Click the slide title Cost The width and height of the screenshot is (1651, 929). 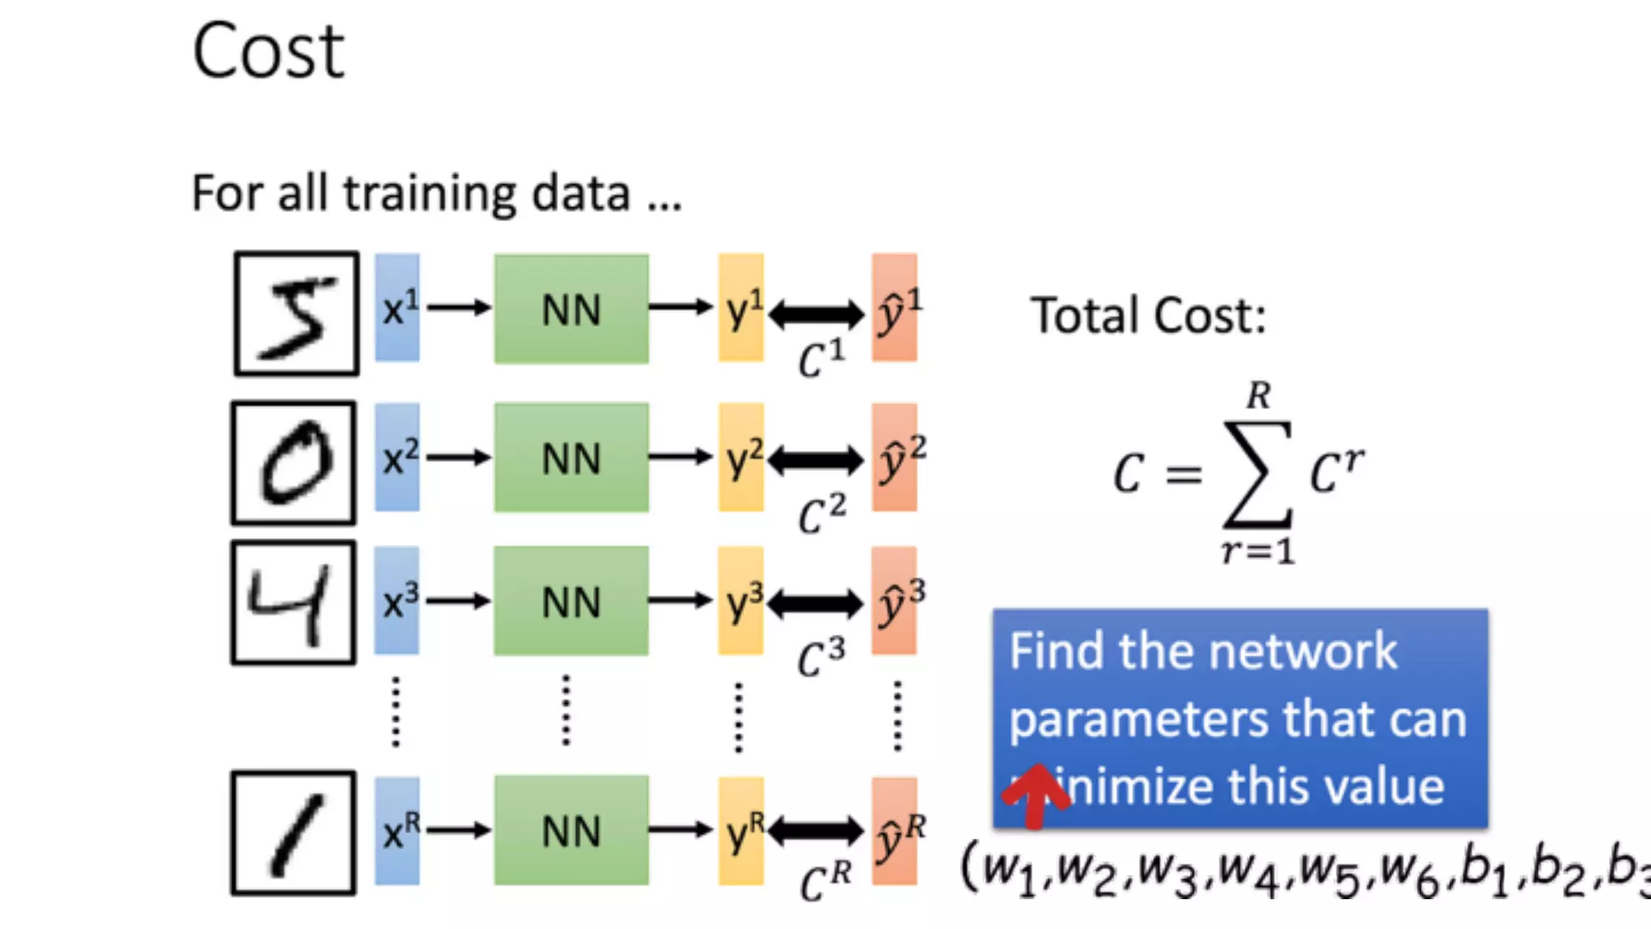(268, 52)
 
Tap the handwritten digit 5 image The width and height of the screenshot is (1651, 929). (297, 314)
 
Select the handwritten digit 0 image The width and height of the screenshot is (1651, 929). (294, 463)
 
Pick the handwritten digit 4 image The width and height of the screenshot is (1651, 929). (293, 602)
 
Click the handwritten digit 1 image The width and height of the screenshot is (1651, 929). (293, 833)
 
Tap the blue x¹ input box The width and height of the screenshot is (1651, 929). (397, 308)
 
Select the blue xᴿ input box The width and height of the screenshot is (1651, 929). (397, 831)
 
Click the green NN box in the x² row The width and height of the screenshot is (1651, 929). (572, 457)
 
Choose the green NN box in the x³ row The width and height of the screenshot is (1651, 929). (572, 601)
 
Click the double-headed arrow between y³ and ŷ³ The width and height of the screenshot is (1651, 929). (816, 602)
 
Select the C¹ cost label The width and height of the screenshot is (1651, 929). (821, 359)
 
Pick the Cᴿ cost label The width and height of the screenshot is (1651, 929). (825, 882)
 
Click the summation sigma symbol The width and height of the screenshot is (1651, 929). (1258, 474)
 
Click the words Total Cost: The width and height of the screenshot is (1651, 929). (1148, 315)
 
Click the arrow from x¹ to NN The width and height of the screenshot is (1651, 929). (458, 307)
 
